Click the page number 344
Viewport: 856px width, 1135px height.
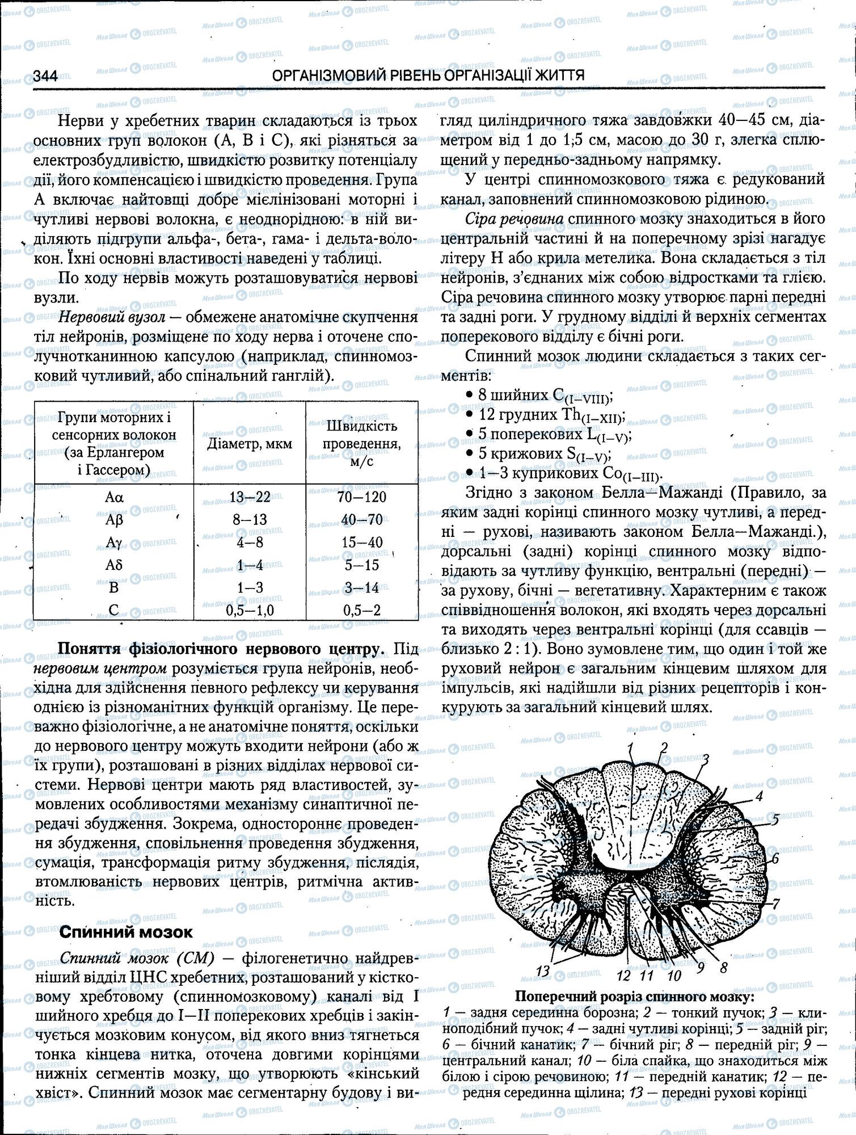pos(45,75)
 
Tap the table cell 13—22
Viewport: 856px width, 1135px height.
pos(250,497)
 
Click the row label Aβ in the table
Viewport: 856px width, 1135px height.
pos(114,520)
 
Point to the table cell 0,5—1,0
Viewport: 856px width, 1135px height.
pos(250,611)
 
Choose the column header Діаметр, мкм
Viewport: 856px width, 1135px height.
pos(250,443)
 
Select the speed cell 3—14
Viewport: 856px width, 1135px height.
pos(361,588)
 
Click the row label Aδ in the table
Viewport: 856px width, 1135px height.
pos(114,565)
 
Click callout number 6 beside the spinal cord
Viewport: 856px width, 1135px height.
pos(775,858)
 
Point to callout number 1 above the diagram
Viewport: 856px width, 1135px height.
pos(630,747)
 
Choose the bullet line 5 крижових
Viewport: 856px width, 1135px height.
pos(542,454)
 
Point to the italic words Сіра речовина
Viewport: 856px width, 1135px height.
pos(514,219)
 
